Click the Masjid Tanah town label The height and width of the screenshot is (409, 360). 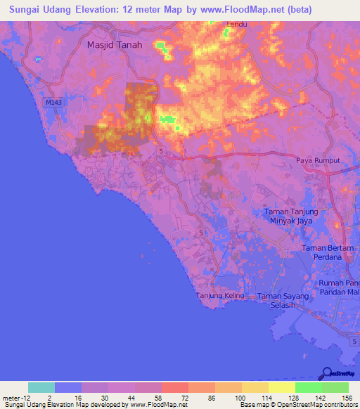coord(115,44)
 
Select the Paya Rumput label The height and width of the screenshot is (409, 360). coord(317,160)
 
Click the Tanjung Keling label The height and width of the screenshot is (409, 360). coord(220,295)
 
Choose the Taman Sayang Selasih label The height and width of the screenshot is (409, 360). coord(283,301)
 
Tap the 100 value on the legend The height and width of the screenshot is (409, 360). coord(240,398)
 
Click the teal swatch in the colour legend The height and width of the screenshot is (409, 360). coord(41,387)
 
